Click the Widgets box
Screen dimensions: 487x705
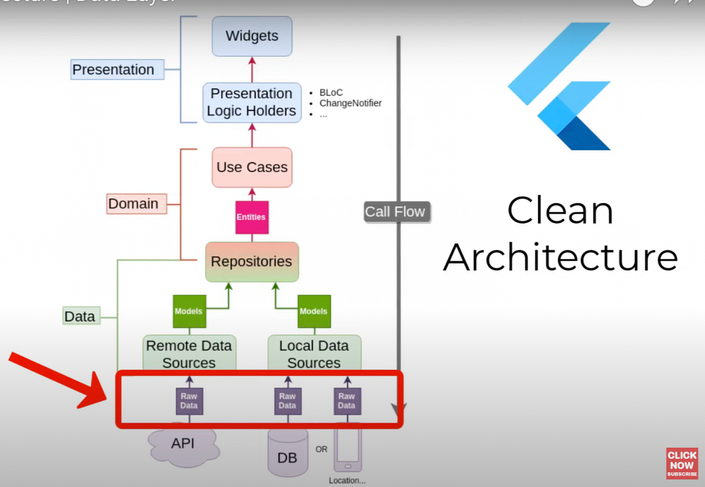coord(252,36)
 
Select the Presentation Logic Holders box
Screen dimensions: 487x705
coord(252,102)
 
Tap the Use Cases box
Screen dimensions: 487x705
coord(252,167)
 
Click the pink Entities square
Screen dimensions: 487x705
coord(251,217)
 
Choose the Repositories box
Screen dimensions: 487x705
coord(252,261)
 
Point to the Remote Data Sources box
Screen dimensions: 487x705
coord(189,354)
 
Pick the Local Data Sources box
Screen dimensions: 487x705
coord(314,354)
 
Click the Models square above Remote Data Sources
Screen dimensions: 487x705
coord(189,311)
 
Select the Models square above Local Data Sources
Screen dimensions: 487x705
coord(314,311)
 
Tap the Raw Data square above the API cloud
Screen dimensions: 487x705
coord(189,401)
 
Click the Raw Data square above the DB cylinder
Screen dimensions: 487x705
coord(287,401)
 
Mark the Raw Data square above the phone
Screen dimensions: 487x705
coord(347,401)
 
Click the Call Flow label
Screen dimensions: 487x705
coord(395,212)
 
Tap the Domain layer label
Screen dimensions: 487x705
coord(133,204)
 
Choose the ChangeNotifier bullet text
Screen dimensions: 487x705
coord(350,103)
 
